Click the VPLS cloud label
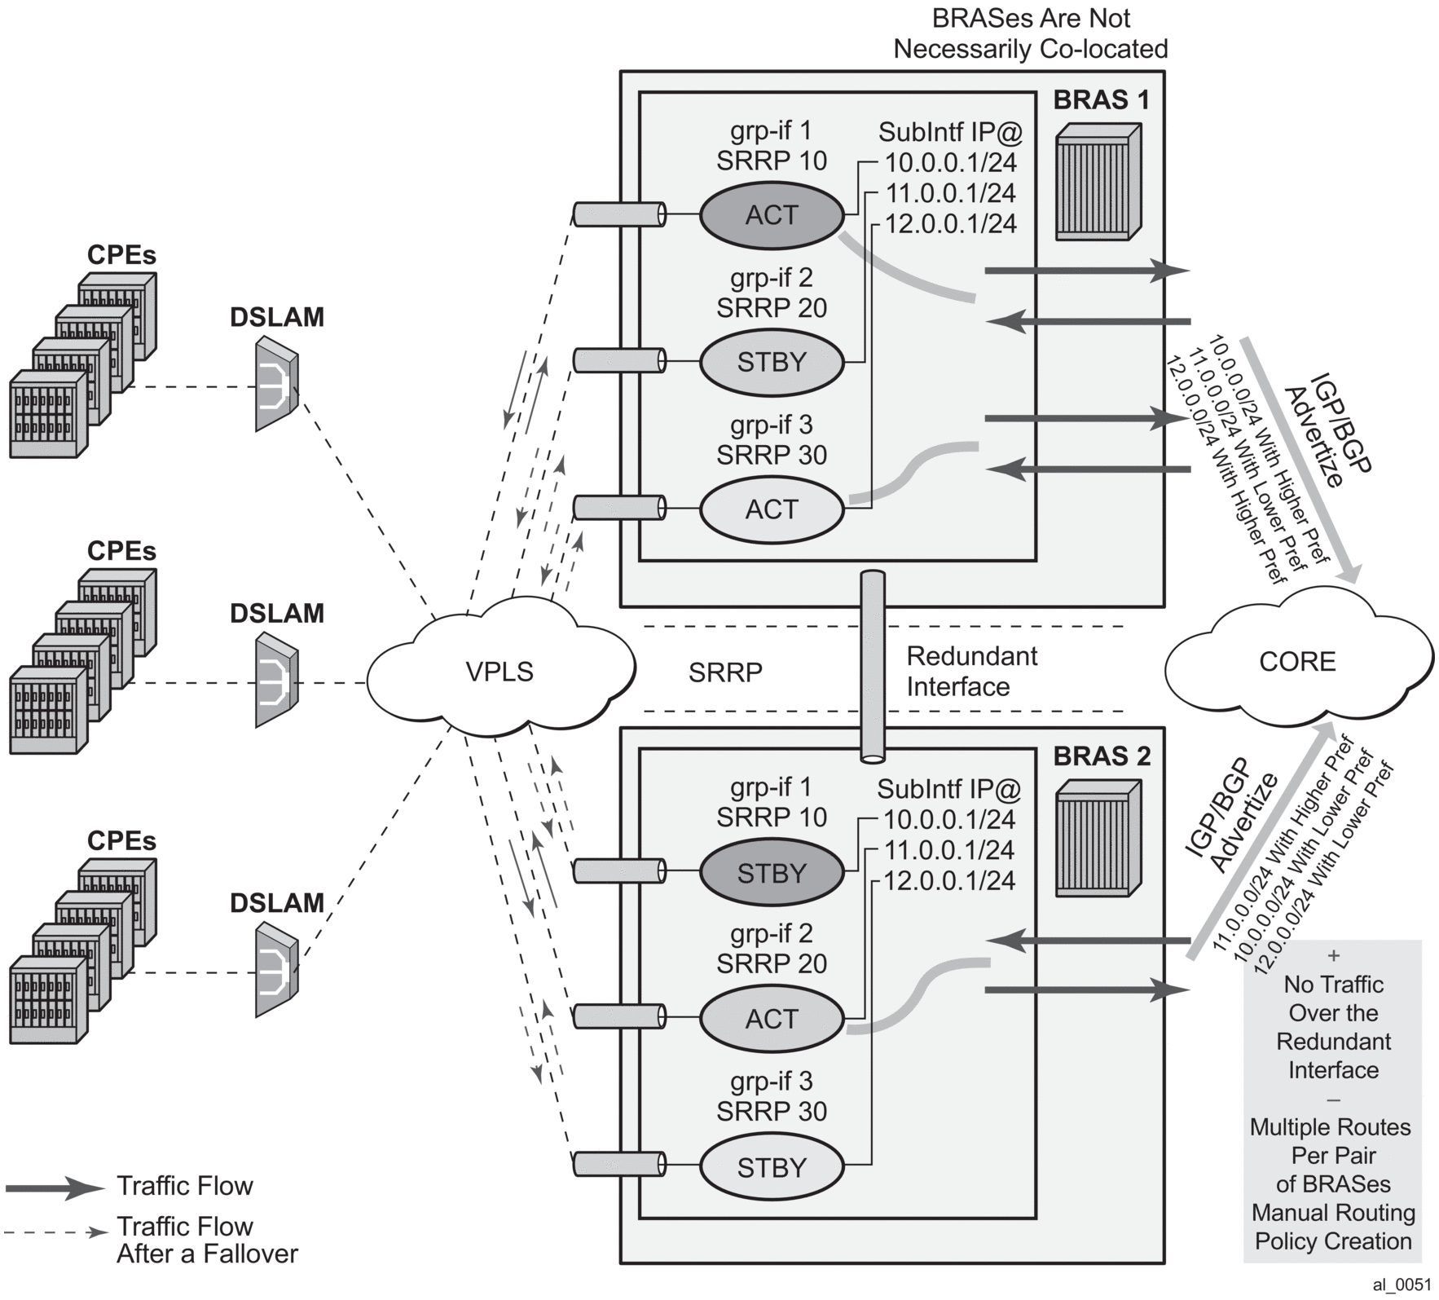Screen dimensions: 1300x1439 tap(499, 672)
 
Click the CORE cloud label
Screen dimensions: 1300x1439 tap(1297, 661)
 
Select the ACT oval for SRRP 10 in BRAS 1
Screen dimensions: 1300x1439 tap(771, 215)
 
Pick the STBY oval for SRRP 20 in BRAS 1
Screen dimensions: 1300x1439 tap(771, 362)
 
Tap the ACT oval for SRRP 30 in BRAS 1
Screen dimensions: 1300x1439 tap(771, 509)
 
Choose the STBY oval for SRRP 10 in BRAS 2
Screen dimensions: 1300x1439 tap(771, 873)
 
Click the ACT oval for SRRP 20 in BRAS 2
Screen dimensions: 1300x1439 tap(771, 1019)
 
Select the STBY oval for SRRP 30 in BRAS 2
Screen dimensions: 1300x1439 tap(771, 1167)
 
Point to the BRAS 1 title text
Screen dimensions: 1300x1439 tap(1102, 100)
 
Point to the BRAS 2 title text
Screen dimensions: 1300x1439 tap(1102, 756)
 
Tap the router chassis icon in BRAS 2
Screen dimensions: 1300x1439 tap(1098, 839)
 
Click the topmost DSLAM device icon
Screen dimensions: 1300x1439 tap(276, 383)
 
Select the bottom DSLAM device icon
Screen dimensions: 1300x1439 tap(276, 969)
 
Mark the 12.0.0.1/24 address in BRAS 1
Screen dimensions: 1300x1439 tap(951, 224)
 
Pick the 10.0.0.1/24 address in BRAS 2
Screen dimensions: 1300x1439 tap(950, 819)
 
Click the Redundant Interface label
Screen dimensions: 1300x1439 tap(971, 672)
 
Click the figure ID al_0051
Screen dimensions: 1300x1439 tap(1402, 1285)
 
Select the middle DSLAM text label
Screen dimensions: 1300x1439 tap(276, 613)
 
